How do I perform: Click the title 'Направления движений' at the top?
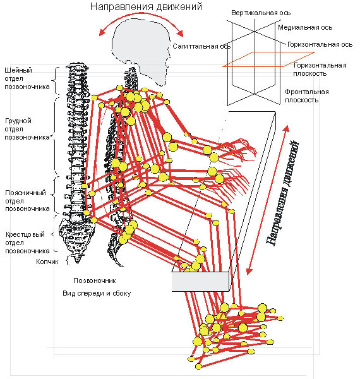click(x=146, y=6)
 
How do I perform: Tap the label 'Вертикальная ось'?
click(x=261, y=13)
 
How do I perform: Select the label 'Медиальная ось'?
click(x=305, y=27)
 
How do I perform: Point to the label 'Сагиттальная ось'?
click(x=201, y=46)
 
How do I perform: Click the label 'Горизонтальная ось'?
click(x=320, y=44)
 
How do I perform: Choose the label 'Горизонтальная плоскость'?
click(x=320, y=69)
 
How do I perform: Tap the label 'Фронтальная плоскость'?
click(x=306, y=96)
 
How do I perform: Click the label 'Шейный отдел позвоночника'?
click(x=27, y=78)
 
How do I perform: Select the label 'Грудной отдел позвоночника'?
click(x=27, y=129)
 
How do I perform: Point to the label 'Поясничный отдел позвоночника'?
click(x=27, y=201)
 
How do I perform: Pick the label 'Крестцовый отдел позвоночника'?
click(x=27, y=243)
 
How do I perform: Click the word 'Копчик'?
click(x=47, y=262)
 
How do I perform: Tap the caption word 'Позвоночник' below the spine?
click(x=95, y=280)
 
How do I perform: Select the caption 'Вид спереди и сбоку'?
click(x=97, y=293)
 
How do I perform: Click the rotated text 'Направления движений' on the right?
click(x=283, y=193)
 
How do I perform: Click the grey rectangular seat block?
click(x=200, y=281)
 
